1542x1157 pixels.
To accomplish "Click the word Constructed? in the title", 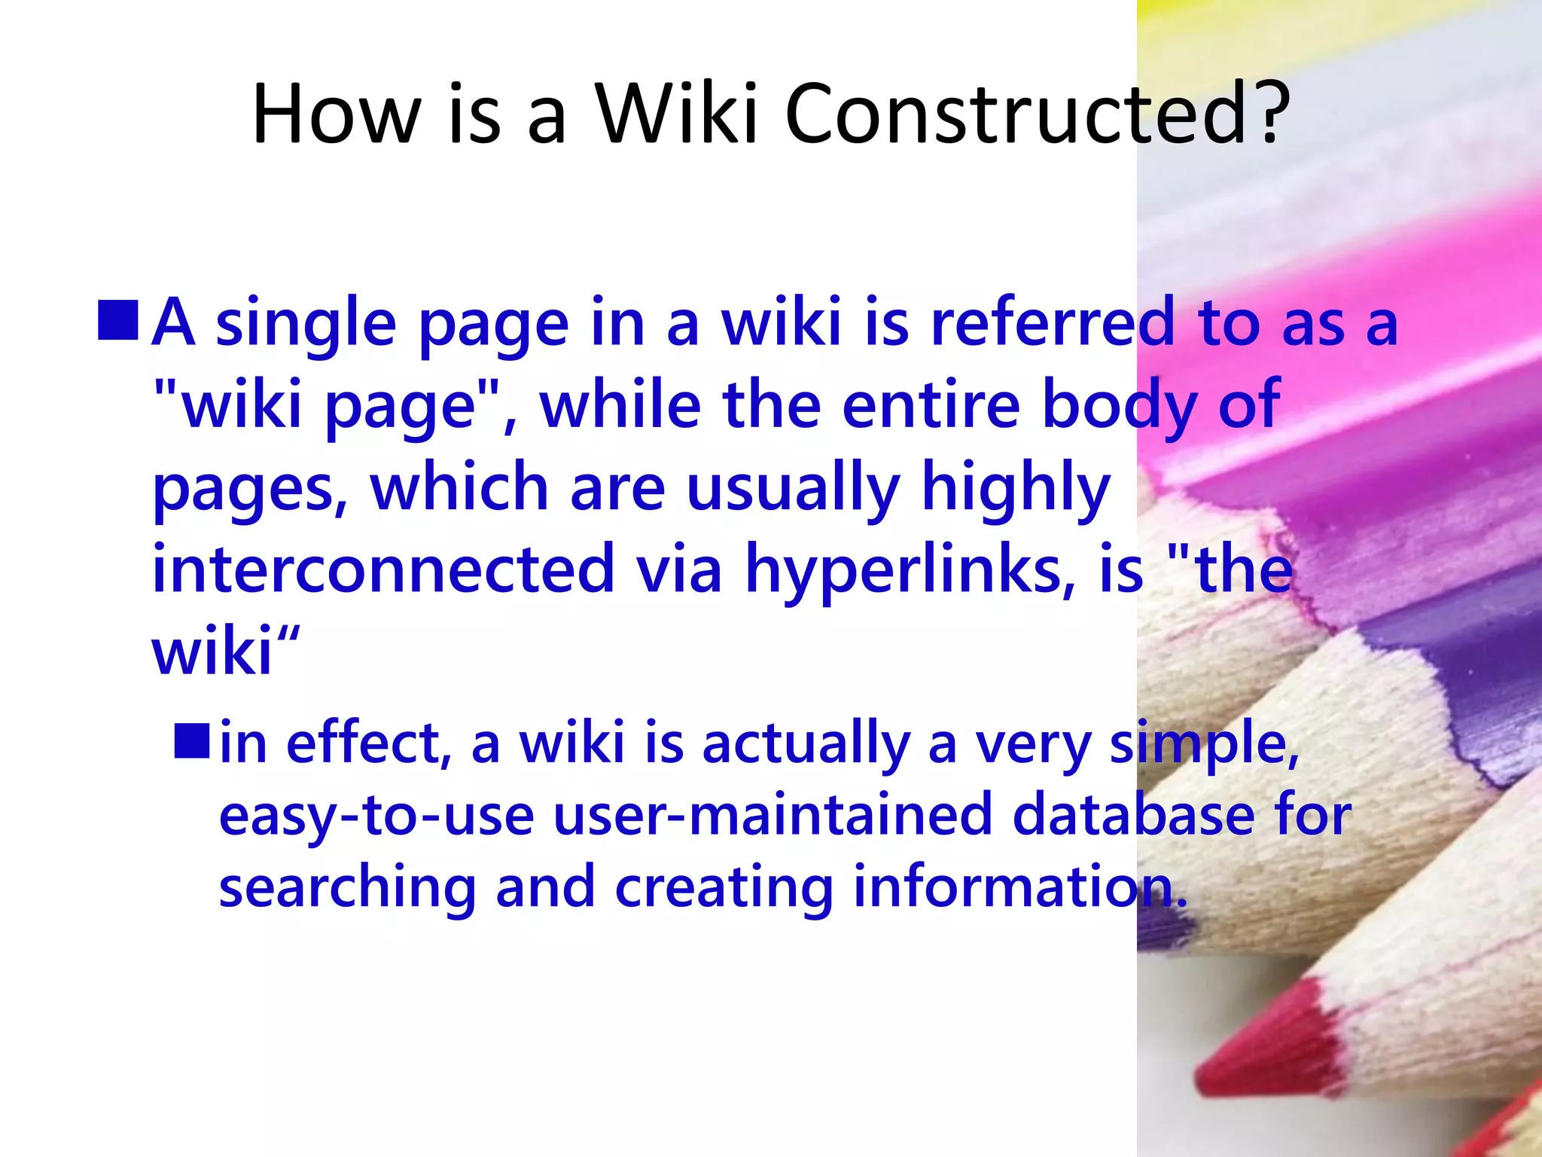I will (1038, 114).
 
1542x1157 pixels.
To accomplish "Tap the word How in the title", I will (336, 114).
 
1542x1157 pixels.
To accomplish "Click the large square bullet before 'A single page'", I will (119, 320).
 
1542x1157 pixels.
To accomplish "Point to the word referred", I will (1053, 322).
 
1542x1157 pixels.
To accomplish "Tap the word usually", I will (794, 488).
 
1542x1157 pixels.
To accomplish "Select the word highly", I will (1016, 488).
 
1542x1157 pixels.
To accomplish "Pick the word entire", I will (931, 405).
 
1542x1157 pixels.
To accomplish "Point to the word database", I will (1133, 815).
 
